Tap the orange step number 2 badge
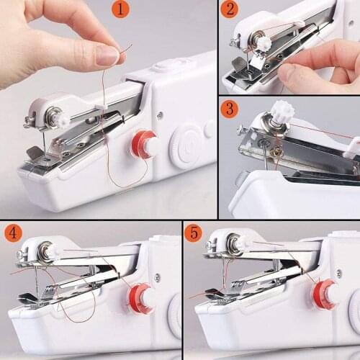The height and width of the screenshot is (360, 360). (230, 10)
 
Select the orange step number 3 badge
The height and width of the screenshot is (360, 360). (230, 109)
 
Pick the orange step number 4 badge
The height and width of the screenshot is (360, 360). (12, 233)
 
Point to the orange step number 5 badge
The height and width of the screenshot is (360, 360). (194, 233)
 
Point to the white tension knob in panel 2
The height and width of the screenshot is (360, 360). (263, 44)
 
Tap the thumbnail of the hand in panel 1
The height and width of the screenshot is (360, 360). (107, 55)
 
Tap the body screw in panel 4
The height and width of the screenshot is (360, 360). (157, 277)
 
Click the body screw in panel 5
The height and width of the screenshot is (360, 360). (338, 274)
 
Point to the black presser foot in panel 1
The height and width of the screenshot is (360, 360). (33, 153)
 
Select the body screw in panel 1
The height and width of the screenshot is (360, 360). (159, 114)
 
